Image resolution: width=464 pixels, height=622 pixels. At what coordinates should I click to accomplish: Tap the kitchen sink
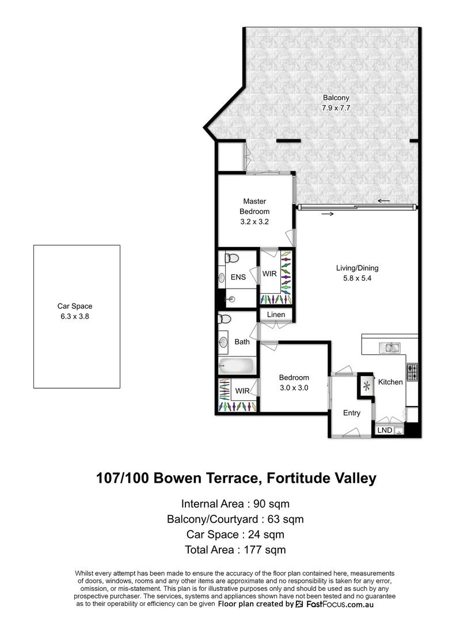pos(392,347)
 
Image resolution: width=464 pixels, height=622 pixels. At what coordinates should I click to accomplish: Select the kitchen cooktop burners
pos(413,372)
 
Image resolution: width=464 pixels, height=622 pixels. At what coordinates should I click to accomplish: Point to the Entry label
pos(352,413)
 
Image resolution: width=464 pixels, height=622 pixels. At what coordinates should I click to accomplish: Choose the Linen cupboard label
pos(276,315)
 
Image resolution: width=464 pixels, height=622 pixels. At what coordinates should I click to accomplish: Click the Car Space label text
pos(75,306)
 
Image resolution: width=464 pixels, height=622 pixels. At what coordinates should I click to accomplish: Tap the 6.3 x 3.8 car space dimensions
pos(75,316)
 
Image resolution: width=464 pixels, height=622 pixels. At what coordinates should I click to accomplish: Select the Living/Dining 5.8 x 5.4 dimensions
pos(357,278)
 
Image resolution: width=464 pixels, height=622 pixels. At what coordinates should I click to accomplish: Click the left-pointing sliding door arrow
pos(383,201)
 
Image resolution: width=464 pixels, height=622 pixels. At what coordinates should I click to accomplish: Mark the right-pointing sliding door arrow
pos(328,214)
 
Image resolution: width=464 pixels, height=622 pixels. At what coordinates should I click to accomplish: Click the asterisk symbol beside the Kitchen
pos(366,384)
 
